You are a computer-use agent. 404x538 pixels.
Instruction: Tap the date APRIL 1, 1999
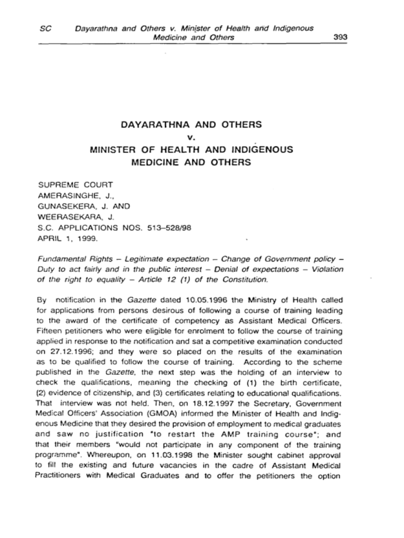[67, 236]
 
